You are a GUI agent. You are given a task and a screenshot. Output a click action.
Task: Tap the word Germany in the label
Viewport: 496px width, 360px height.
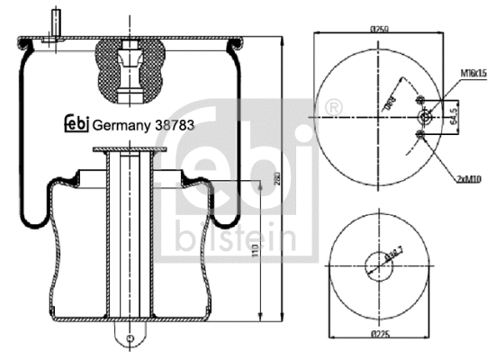[x=122, y=127]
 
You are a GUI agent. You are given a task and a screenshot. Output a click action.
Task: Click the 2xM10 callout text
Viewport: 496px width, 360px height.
[x=470, y=180]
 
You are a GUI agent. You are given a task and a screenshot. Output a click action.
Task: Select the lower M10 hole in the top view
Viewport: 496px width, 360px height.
[x=421, y=135]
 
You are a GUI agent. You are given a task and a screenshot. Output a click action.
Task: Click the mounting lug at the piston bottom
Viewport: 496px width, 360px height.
[x=131, y=337]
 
